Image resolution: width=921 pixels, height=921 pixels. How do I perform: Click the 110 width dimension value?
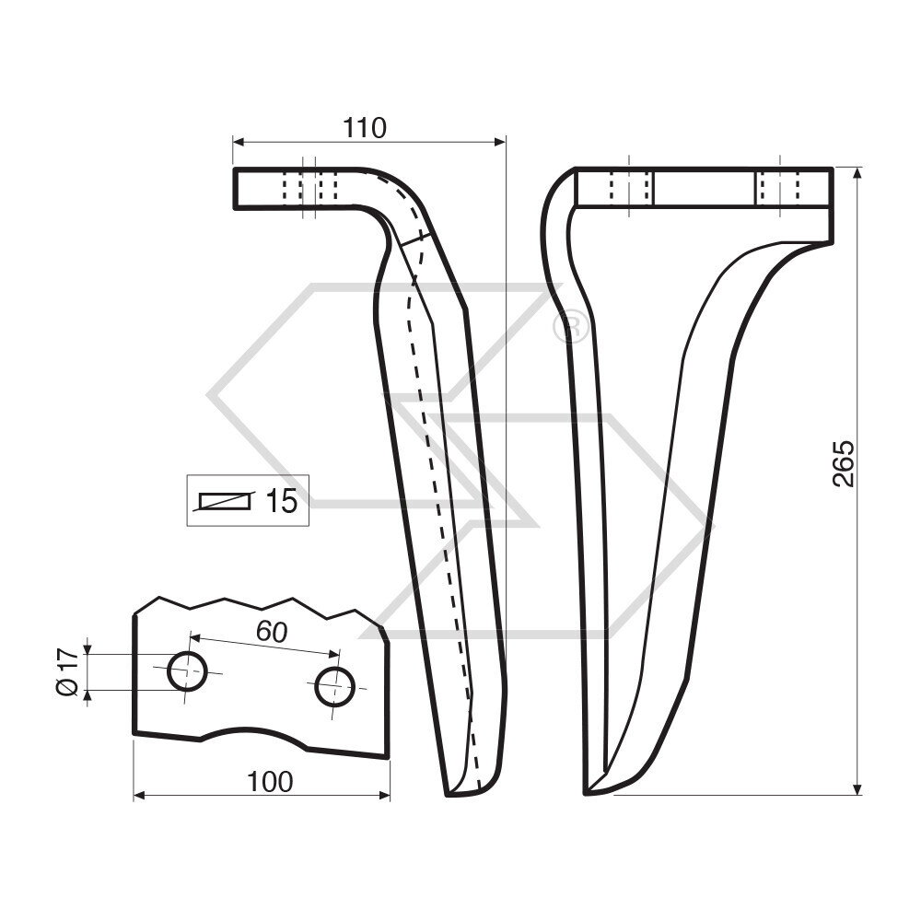click(x=365, y=128)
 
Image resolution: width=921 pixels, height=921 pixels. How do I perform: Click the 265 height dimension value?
click(x=844, y=463)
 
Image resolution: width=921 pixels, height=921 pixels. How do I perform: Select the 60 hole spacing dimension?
click(x=272, y=632)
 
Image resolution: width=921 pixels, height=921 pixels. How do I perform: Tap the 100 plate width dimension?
click(x=270, y=782)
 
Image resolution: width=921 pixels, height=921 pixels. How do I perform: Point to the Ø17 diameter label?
click(x=65, y=671)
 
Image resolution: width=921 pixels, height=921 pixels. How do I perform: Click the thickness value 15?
click(x=281, y=501)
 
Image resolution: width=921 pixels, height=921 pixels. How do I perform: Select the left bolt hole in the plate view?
click(x=187, y=671)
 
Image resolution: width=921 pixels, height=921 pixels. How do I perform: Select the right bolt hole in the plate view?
click(x=334, y=687)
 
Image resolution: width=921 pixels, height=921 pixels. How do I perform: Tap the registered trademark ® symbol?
click(x=571, y=327)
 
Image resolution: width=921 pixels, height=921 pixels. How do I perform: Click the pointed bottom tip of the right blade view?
click(x=588, y=791)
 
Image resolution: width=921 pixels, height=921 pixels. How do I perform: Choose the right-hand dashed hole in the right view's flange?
click(x=779, y=188)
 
